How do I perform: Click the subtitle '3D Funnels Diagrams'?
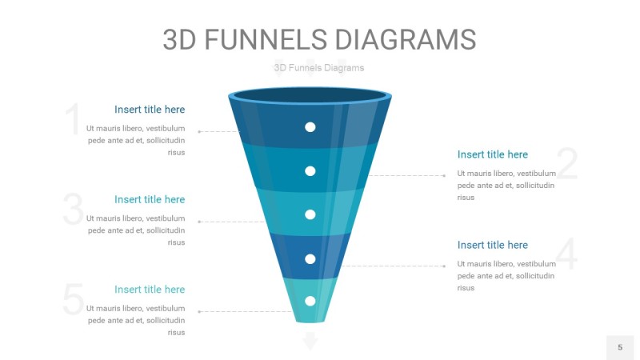pos(318,68)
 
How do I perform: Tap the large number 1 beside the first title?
pos(73,120)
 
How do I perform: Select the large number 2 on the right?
pos(566,164)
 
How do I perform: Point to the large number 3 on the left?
pos(73,210)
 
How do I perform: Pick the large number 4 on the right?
pos(566,254)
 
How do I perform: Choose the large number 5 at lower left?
pos(73,300)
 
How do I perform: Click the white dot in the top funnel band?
pos(310,127)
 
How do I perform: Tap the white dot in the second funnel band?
pos(310,170)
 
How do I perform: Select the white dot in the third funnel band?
pos(310,214)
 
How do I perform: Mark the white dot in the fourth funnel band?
pos(310,258)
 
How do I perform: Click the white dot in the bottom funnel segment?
pos(310,301)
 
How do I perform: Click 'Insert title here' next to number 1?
pos(150,110)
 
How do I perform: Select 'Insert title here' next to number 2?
pos(493,154)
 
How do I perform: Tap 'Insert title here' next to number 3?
pos(150,199)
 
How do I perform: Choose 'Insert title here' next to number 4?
pos(493,245)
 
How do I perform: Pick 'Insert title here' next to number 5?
pos(150,290)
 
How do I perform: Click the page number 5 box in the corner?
pos(619,347)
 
